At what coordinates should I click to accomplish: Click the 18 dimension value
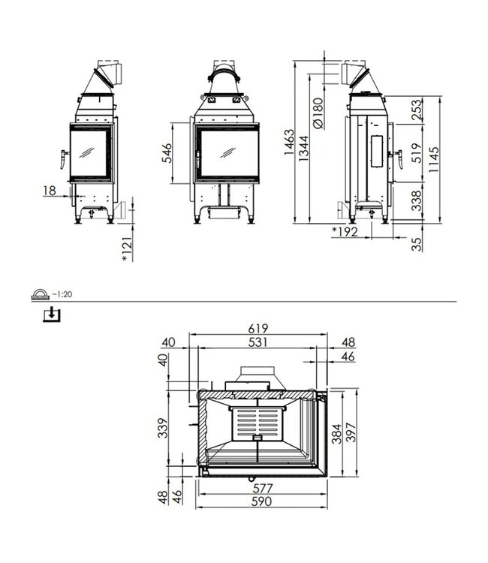(x=50, y=191)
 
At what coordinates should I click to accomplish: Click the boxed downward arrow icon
(x=50, y=314)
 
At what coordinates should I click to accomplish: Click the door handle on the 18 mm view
(x=59, y=158)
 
